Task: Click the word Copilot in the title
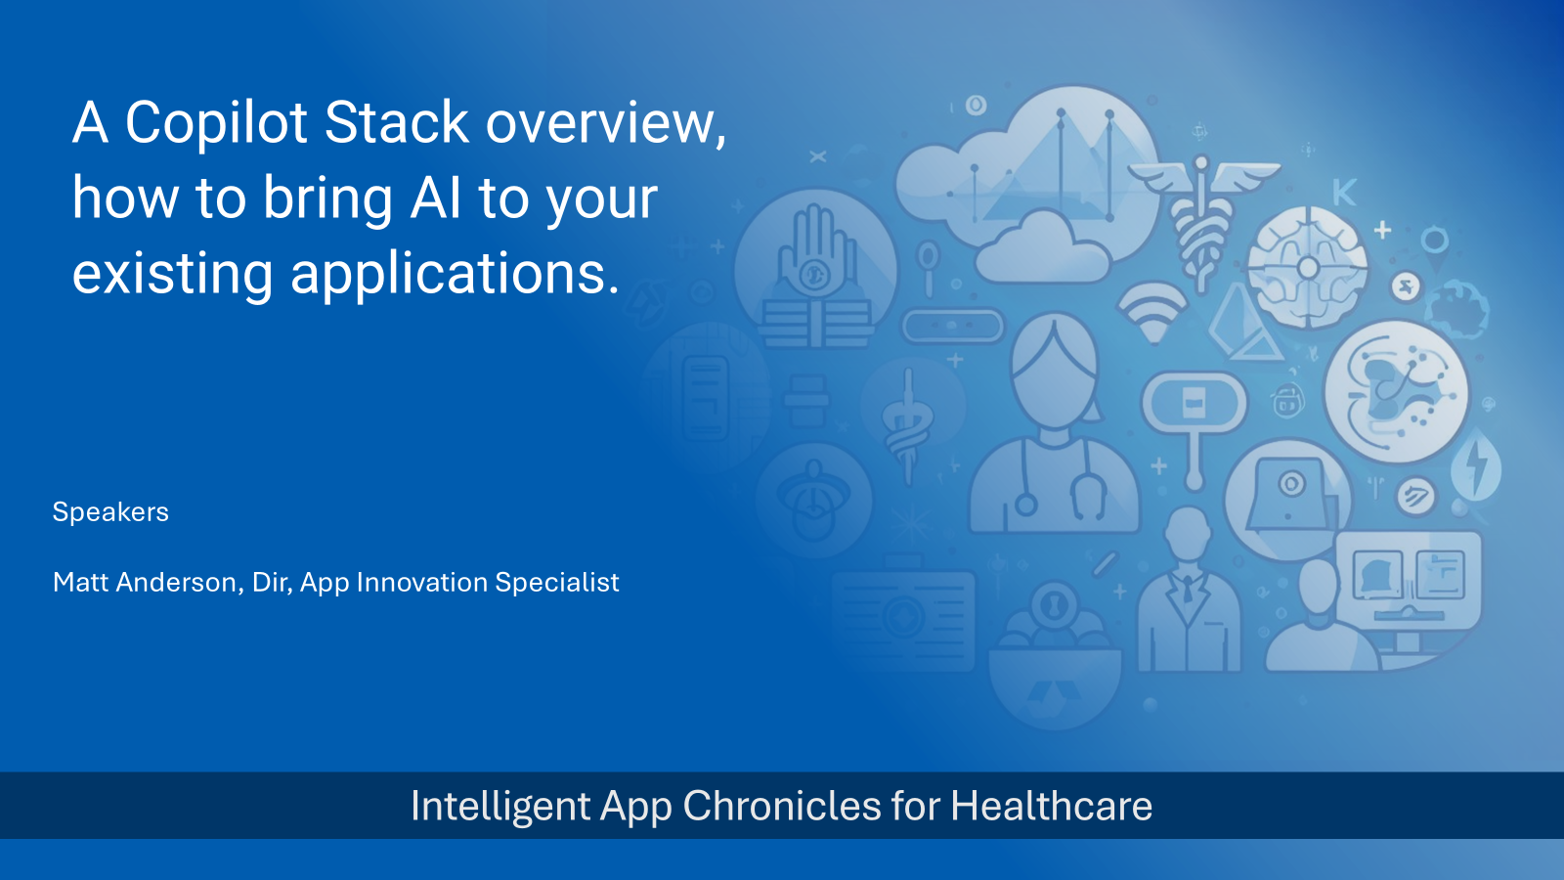[216, 123]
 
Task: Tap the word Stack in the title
[397, 123]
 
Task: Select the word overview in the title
[606, 123]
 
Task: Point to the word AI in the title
[436, 198]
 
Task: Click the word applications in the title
[455, 274]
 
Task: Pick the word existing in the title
[172, 274]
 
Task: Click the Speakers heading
[110, 512]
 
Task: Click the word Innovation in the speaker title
[421, 583]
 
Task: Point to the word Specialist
[557, 583]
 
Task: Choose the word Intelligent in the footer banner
[500, 807]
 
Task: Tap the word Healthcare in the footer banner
[1051, 807]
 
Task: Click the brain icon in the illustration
[1308, 267]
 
